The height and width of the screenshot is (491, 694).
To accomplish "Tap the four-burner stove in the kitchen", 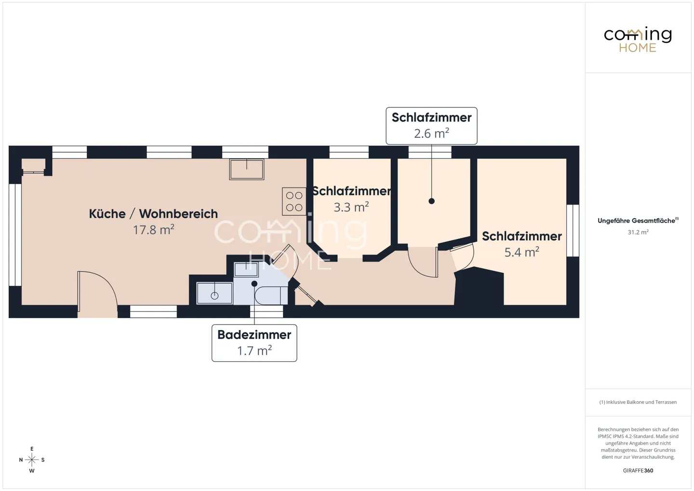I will click(294, 201).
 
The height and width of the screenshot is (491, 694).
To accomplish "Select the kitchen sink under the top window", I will click(247, 169).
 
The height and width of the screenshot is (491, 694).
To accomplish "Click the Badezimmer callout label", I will click(254, 343).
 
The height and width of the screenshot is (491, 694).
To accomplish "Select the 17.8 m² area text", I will click(153, 230).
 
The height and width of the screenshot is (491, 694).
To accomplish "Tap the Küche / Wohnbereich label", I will click(153, 213).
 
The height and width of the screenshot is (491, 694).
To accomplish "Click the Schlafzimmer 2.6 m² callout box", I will click(431, 125).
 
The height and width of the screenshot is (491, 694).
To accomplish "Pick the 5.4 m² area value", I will click(521, 252).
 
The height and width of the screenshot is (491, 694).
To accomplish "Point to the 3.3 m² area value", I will click(351, 207).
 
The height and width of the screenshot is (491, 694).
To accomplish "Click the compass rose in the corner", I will click(32, 460).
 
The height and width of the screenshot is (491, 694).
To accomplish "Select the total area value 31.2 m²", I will click(638, 232).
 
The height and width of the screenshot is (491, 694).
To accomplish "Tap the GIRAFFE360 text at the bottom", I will click(638, 470).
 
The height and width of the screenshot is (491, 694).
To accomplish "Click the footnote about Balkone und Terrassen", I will click(638, 402).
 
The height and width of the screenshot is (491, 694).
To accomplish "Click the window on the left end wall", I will click(15, 235).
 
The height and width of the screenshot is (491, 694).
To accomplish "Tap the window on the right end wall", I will click(573, 230).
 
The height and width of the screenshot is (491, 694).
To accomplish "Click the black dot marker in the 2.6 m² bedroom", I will click(431, 201).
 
